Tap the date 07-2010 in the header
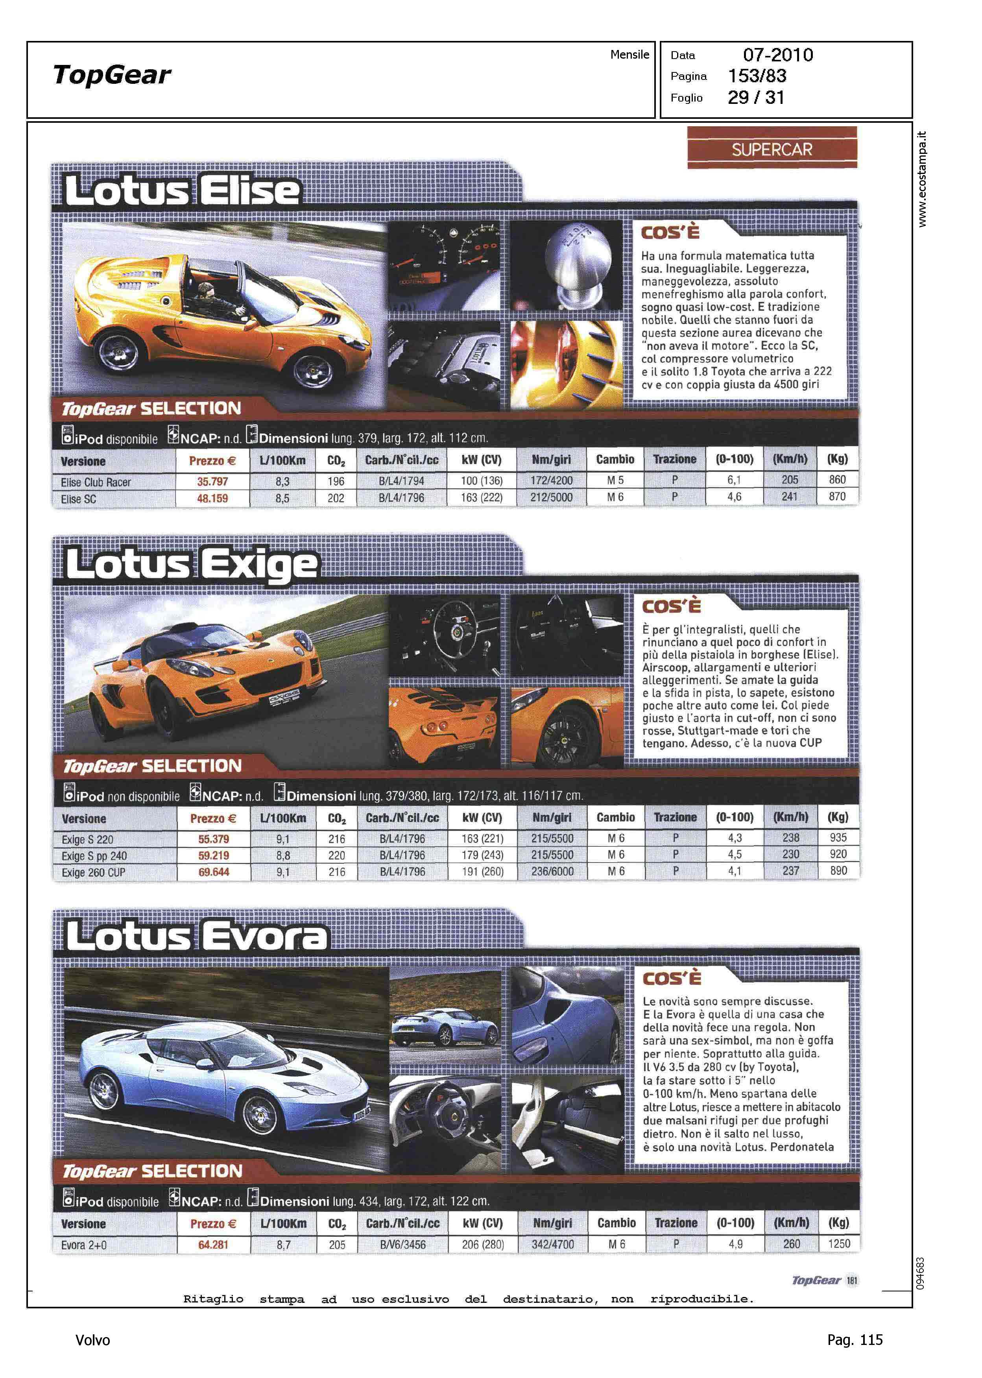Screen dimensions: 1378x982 click(x=778, y=55)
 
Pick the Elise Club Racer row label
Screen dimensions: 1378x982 click(x=96, y=482)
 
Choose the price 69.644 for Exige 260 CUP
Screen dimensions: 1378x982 click(x=214, y=872)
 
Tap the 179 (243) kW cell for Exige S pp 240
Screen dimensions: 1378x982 click(x=482, y=855)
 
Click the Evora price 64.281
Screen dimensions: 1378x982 click(x=214, y=1244)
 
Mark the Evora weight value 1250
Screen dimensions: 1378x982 click(x=839, y=1244)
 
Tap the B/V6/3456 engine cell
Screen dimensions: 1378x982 click(x=403, y=1244)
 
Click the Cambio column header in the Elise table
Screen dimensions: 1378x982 click(x=615, y=460)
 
